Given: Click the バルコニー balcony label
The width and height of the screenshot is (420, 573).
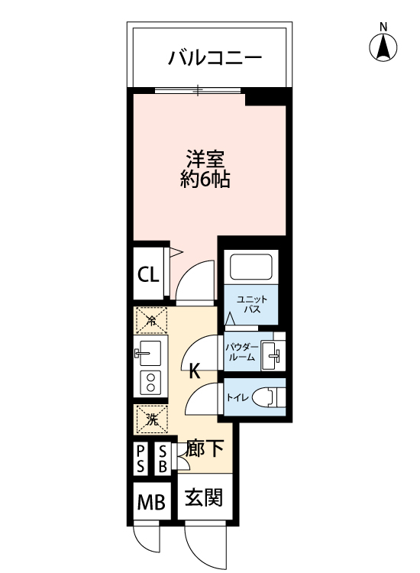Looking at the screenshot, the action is pyautogui.click(x=215, y=58).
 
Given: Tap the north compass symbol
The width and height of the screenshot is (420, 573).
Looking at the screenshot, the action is pyautogui.click(x=383, y=47).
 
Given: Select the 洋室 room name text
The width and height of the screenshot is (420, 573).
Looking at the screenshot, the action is pyautogui.click(x=205, y=159).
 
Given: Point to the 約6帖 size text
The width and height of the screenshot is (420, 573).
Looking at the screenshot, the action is pyautogui.click(x=205, y=180).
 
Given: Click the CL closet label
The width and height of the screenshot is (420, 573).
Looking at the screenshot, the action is pyautogui.click(x=148, y=274).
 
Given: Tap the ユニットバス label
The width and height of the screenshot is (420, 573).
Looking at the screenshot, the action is pyautogui.click(x=252, y=304).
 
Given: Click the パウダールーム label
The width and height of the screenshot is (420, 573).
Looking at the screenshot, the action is pyautogui.click(x=242, y=352).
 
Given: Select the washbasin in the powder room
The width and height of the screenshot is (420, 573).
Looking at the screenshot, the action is pyautogui.click(x=273, y=354).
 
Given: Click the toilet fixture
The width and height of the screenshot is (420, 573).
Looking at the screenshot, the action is pyautogui.click(x=269, y=397).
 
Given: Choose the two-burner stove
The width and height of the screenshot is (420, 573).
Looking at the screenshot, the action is pyautogui.click(x=150, y=382).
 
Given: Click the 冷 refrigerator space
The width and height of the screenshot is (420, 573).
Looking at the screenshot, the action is pyautogui.click(x=151, y=320).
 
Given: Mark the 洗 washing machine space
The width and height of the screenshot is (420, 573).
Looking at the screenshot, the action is pyautogui.click(x=152, y=419).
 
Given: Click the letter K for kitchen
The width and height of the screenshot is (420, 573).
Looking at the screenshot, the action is pyautogui.click(x=194, y=372).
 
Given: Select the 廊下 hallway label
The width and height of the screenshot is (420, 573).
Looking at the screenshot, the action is pyautogui.click(x=204, y=448).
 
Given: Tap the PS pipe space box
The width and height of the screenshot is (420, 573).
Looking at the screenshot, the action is pyautogui.click(x=141, y=459).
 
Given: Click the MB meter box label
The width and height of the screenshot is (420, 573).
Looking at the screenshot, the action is pyautogui.click(x=151, y=502).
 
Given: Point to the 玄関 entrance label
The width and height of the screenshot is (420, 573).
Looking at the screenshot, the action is pyautogui.click(x=204, y=497).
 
